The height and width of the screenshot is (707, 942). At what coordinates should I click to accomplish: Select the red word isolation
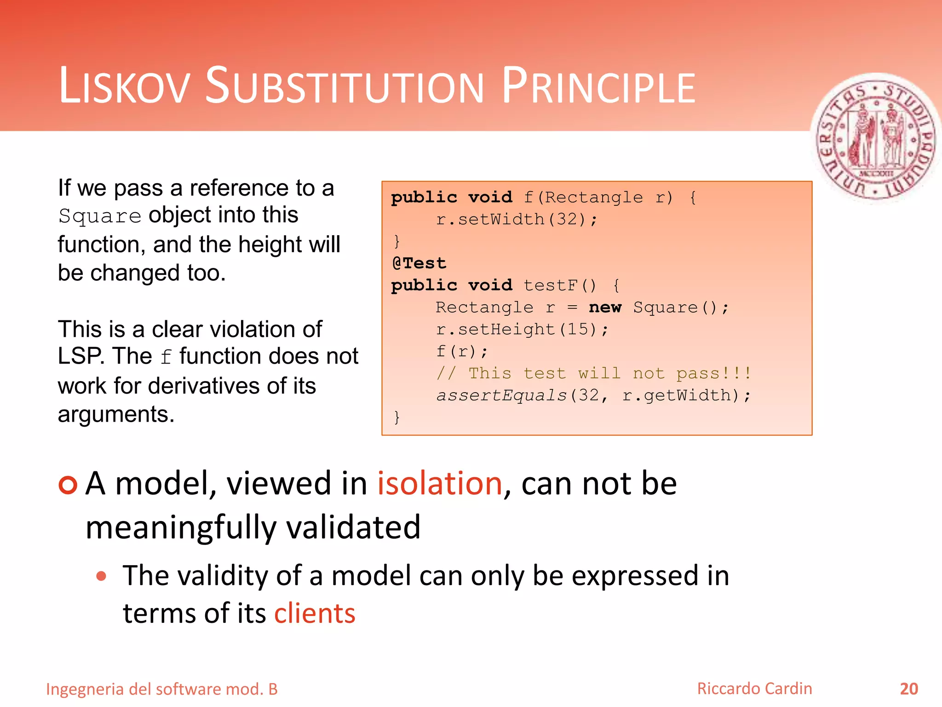tap(440, 484)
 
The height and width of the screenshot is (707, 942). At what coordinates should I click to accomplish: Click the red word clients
tap(315, 614)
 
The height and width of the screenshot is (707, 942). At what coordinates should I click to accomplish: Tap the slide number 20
tap(908, 689)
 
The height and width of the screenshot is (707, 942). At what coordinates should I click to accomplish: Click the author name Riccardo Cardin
tap(754, 689)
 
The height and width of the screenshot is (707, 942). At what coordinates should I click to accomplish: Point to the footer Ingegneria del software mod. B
tap(162, 690)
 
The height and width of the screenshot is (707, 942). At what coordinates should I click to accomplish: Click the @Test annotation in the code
tap(419, 263)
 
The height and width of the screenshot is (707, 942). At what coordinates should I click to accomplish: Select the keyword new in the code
tap(605, 307)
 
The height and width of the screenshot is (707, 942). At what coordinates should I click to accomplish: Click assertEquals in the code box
tap(501, 395)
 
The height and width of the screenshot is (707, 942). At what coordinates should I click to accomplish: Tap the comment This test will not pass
tap(593, 373)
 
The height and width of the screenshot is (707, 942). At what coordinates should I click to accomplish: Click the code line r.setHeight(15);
tap(522, 330)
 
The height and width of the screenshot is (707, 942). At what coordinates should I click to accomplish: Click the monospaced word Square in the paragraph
tap(100, 216)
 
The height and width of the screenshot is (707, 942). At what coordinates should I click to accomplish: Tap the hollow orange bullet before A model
tap(68, 485)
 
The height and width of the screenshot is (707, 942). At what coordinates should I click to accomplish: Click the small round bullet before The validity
tap(102, 576)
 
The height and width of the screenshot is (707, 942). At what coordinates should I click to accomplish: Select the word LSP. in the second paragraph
tap(81, 356)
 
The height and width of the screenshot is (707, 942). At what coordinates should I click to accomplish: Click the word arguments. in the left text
tap(116, 414)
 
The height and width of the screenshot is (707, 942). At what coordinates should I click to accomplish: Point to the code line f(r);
tap(461, 352)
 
